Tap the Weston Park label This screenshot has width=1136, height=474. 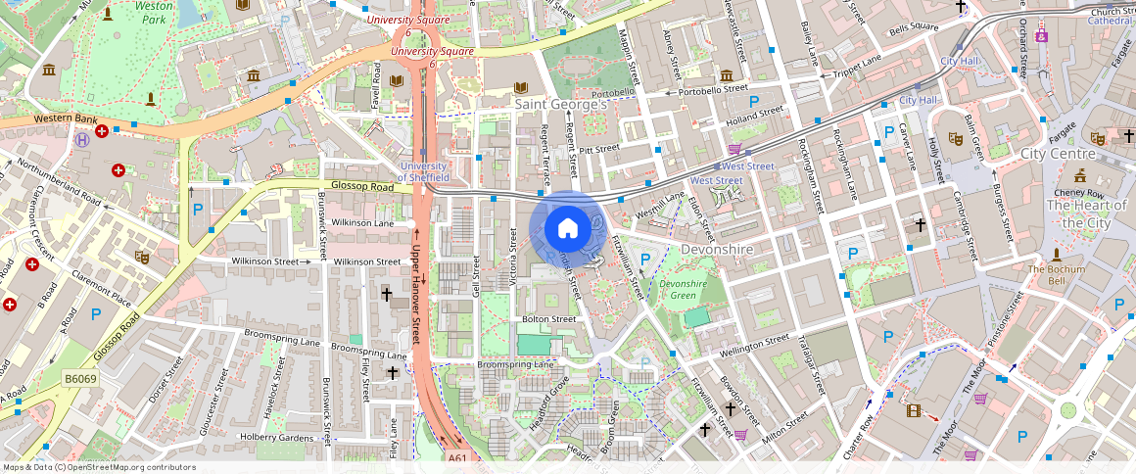tap(154, 12)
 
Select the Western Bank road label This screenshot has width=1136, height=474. tap(66, 118)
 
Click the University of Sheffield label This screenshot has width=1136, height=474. tap(424, 171)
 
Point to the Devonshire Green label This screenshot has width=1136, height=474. tap(683, 289)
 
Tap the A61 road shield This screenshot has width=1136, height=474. tap(457, 457)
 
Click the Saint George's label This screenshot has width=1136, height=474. tap(563, 103)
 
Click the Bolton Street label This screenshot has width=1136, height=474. tap(549, 319)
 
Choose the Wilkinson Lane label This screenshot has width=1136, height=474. tap(362, 223)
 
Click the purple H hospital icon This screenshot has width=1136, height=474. tap(83, 139)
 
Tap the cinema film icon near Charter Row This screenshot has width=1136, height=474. tap(913, 411)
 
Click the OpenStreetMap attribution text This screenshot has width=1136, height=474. tap(99, 467)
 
